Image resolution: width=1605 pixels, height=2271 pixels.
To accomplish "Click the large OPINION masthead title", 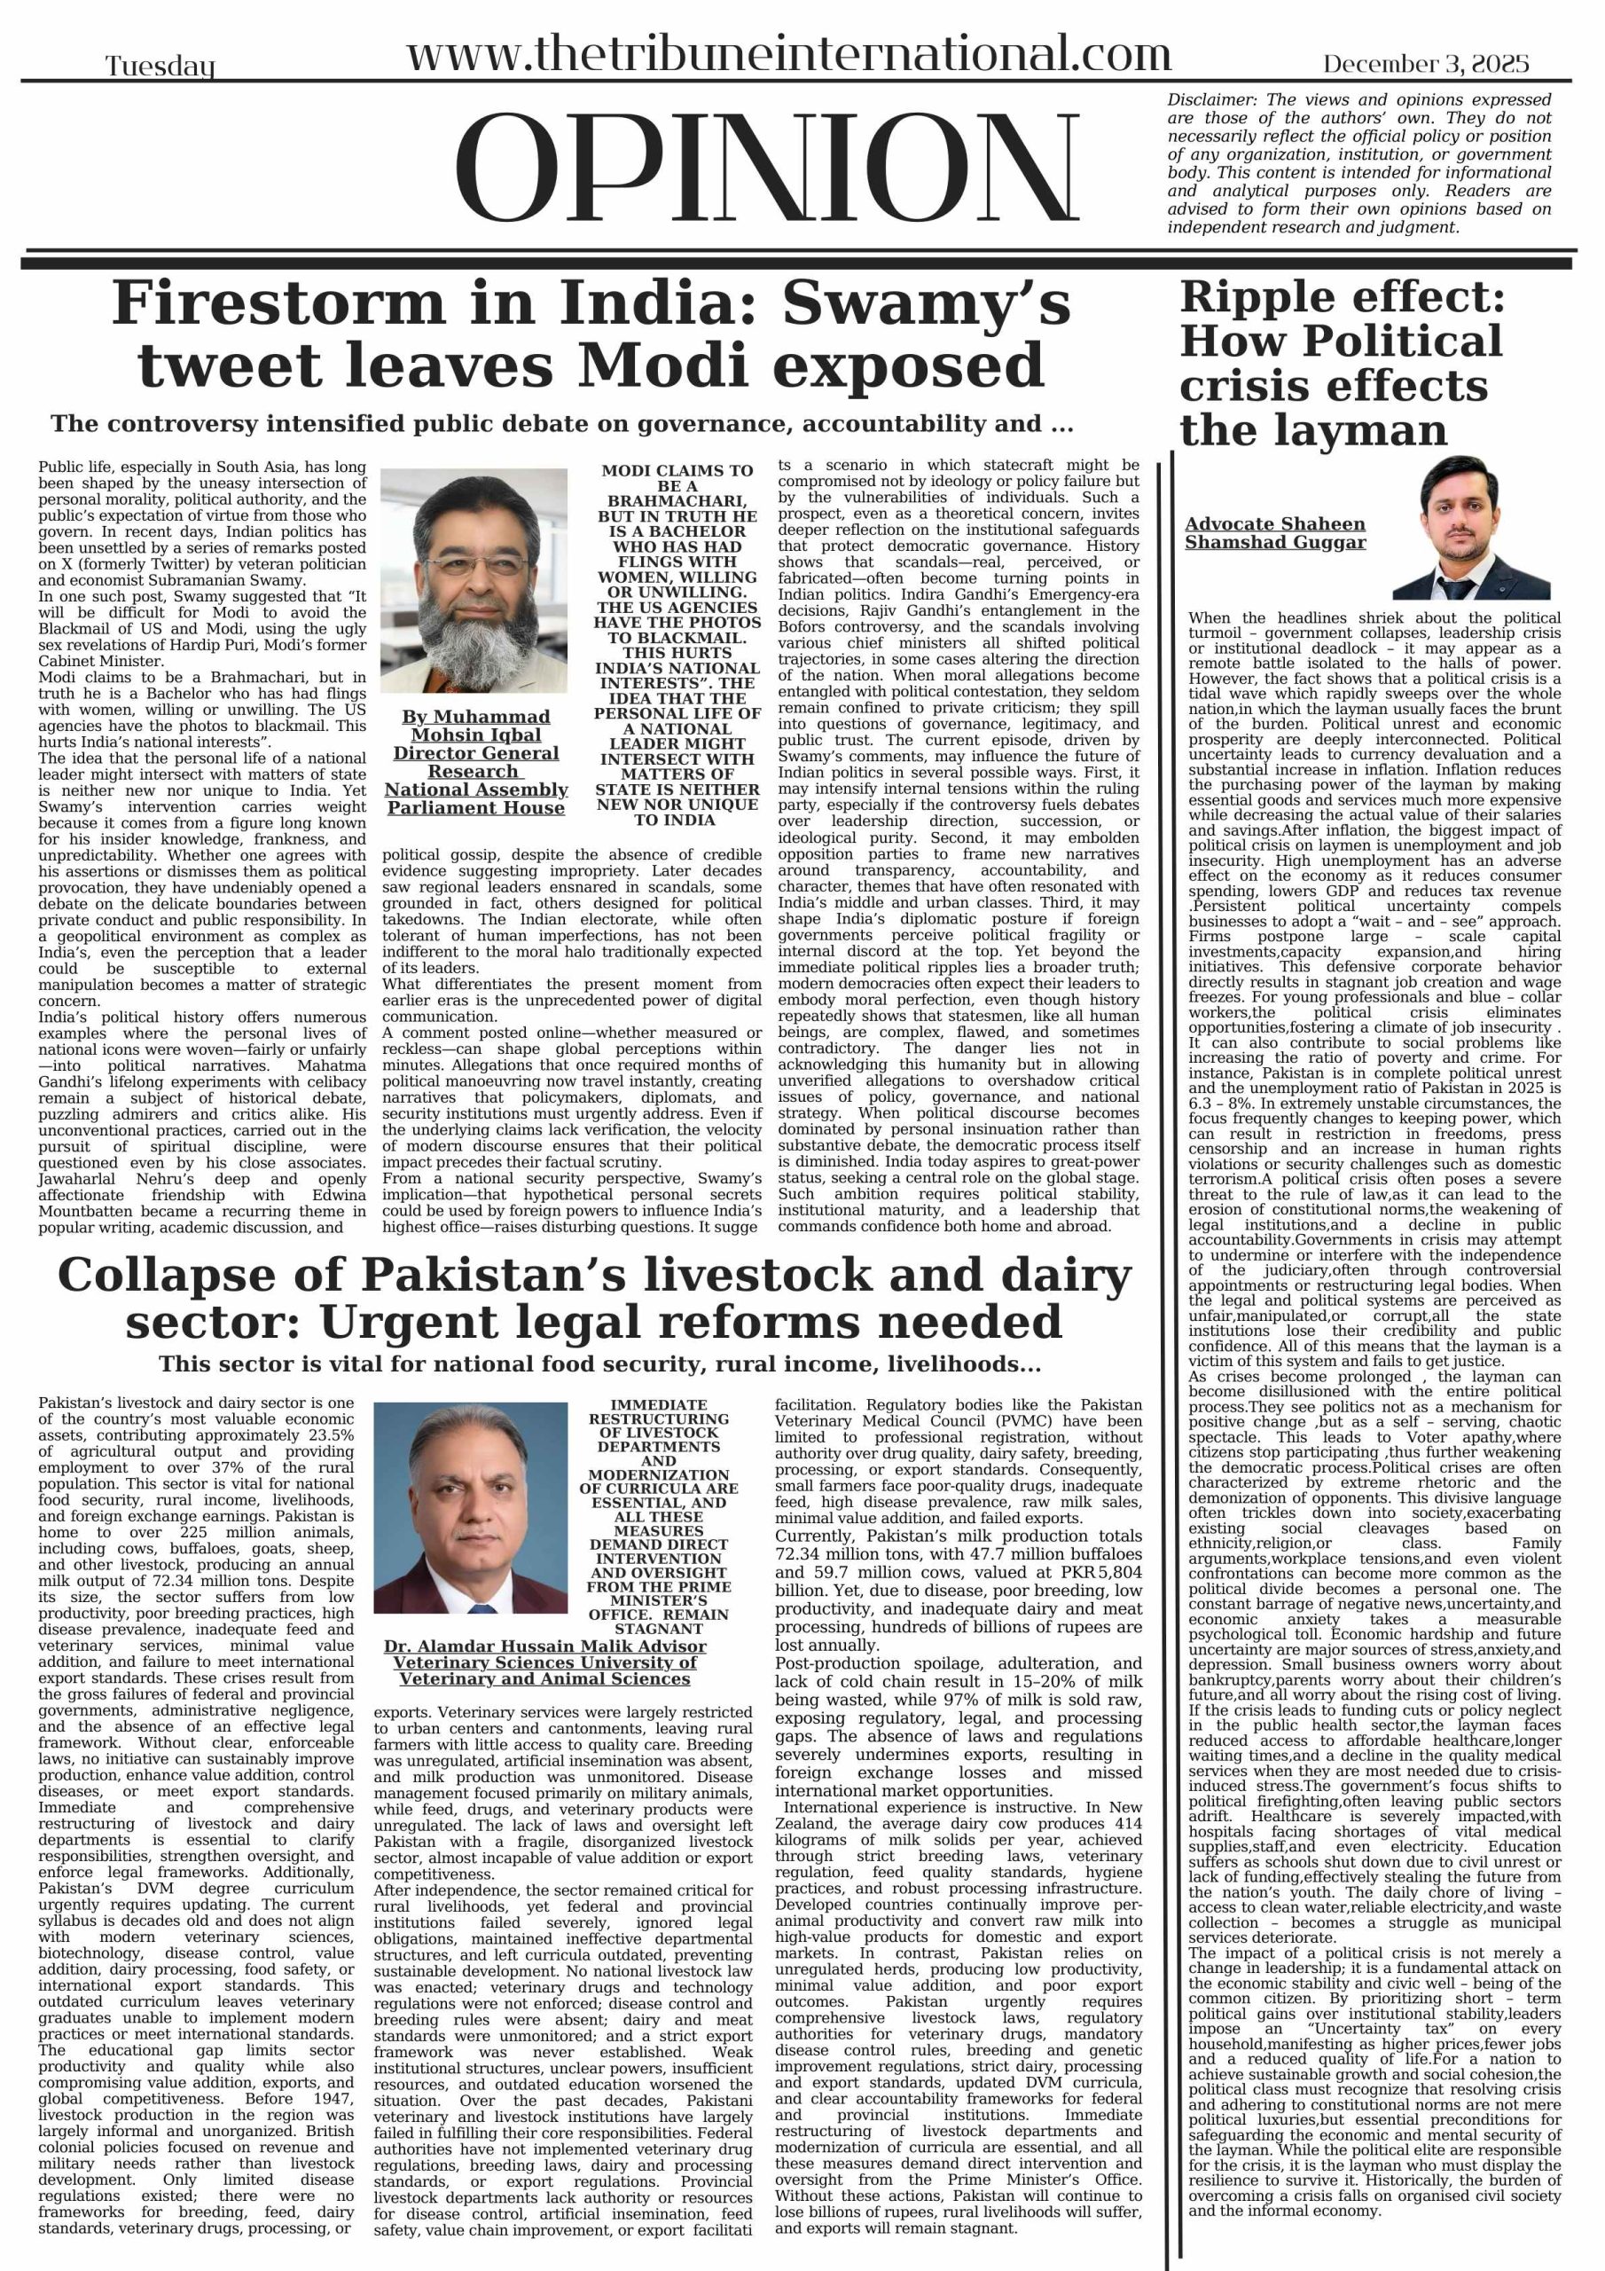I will point(767,169).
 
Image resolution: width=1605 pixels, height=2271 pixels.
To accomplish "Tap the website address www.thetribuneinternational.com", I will point(788,53).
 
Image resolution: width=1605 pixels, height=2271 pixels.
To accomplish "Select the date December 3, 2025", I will point(1426,64).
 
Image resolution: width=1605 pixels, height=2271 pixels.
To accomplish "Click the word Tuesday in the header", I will point(160,67).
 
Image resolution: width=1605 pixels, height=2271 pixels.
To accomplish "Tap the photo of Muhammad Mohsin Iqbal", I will point(474,580).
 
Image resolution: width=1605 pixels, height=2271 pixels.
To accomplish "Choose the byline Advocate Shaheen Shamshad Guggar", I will point(1275,533).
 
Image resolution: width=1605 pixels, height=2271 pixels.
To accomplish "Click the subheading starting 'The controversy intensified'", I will point(561,424).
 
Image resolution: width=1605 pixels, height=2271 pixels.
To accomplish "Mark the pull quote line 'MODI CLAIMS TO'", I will point(677,471).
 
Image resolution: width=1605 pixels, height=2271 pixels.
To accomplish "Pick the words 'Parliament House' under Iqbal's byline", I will point(475,808).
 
